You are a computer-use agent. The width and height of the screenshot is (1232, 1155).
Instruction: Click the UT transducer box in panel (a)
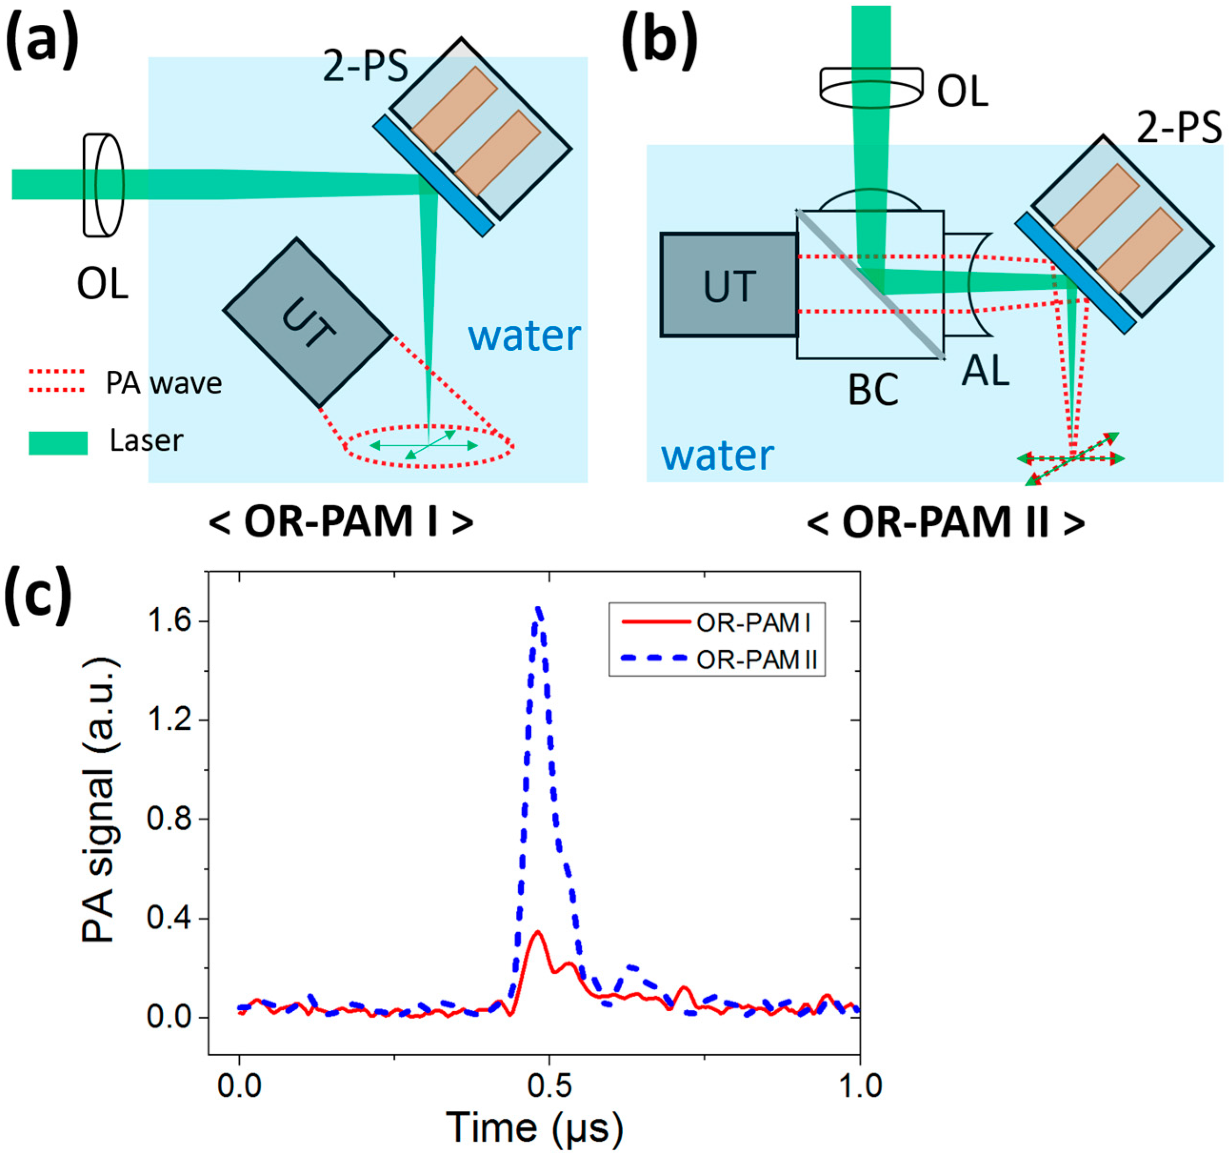308,322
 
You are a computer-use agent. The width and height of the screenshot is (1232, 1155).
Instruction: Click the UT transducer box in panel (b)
729,285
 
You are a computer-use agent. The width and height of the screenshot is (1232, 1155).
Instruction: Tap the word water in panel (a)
524,336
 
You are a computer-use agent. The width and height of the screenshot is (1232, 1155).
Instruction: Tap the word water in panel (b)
717,455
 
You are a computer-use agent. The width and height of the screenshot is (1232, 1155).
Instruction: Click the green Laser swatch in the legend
58,443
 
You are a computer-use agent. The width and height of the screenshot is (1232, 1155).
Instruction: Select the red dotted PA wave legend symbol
56,380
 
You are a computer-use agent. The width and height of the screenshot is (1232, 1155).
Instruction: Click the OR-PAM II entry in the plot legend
756,660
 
